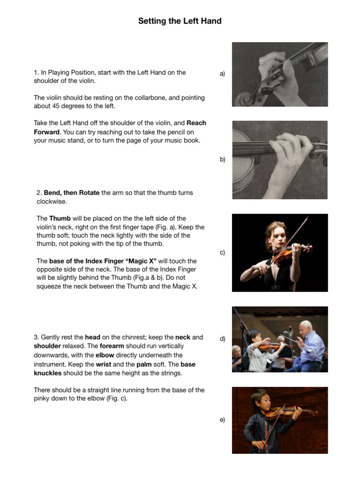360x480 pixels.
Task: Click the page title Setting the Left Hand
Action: (180, 21)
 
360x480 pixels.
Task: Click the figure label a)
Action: (222, 74)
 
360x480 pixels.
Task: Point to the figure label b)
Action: (222, 159)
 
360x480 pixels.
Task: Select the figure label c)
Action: (222, 253)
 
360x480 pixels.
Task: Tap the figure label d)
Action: (222, 338)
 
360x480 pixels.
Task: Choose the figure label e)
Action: (222, 420)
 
